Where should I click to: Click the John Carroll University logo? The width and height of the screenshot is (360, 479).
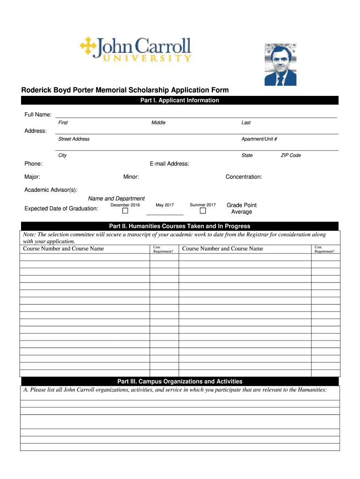point(136,50)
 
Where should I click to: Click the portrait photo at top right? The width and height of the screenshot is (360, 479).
point(280,65)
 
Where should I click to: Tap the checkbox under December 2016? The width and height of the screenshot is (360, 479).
point(125,210)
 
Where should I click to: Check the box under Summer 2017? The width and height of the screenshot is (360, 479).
point(203,210)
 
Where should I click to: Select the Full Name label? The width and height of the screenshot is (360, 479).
point(38,115)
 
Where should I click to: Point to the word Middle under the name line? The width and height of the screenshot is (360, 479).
point(158,123)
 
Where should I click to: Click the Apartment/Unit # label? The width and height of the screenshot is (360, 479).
point(259,139)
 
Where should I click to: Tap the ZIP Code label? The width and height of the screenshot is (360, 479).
point(290,155)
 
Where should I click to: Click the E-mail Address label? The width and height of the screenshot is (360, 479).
point(169,164)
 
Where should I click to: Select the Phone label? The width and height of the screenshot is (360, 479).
point(33,164)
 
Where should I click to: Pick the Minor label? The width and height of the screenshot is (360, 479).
point(131,177)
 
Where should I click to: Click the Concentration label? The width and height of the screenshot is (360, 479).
point(244,177)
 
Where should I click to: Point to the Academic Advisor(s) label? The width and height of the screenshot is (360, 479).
point(50,189)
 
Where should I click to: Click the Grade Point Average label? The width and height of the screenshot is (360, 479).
point(241,209)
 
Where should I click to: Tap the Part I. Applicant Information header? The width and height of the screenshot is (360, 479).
point(180,100)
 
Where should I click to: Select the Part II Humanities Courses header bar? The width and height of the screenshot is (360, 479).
point(180,226)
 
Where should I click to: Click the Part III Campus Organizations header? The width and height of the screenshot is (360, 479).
point(180,381)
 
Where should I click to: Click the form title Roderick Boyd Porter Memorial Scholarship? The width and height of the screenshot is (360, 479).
point(124,90)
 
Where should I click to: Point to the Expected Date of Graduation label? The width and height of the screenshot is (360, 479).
point(61,209)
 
